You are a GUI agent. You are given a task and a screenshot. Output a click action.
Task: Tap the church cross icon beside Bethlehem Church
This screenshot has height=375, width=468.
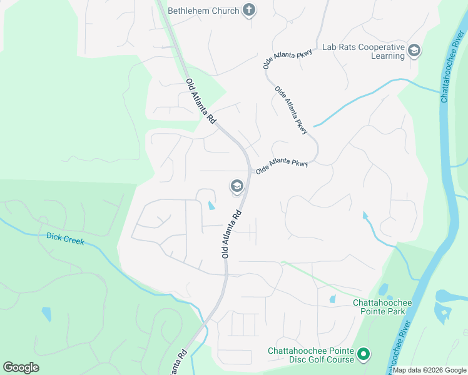[x=249, y=10]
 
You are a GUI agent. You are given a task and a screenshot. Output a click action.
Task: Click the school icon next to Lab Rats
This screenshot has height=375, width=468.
[x=414, y=51]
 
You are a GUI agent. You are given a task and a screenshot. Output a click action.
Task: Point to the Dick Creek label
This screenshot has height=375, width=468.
[x=65, y=239]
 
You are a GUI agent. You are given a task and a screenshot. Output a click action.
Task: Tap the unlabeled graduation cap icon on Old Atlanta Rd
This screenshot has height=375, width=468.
[x=237, y=186]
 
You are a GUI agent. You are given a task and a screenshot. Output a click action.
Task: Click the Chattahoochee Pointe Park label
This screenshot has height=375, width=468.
[x=382, y=307]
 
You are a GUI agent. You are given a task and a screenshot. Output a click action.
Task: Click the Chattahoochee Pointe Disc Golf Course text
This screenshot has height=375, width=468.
[x=311, y=354]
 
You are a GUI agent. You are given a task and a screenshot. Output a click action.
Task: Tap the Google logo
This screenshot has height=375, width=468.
[x=21, y=367]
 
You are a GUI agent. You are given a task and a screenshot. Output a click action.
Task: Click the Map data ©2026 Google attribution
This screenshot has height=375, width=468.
[x=429, y=370]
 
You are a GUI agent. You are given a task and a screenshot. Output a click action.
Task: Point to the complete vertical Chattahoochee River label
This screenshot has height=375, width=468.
[x=452, y=63]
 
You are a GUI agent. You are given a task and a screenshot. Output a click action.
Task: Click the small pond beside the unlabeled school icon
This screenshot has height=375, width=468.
[x=211, y=204]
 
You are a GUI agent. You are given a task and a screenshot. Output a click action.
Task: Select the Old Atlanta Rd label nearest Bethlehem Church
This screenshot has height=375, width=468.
[x=201, y=101]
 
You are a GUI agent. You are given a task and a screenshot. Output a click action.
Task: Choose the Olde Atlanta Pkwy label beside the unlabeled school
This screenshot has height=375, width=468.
[x=282, y=166]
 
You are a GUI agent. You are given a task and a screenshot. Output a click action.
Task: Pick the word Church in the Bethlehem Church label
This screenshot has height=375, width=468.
[x=225, y=11]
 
